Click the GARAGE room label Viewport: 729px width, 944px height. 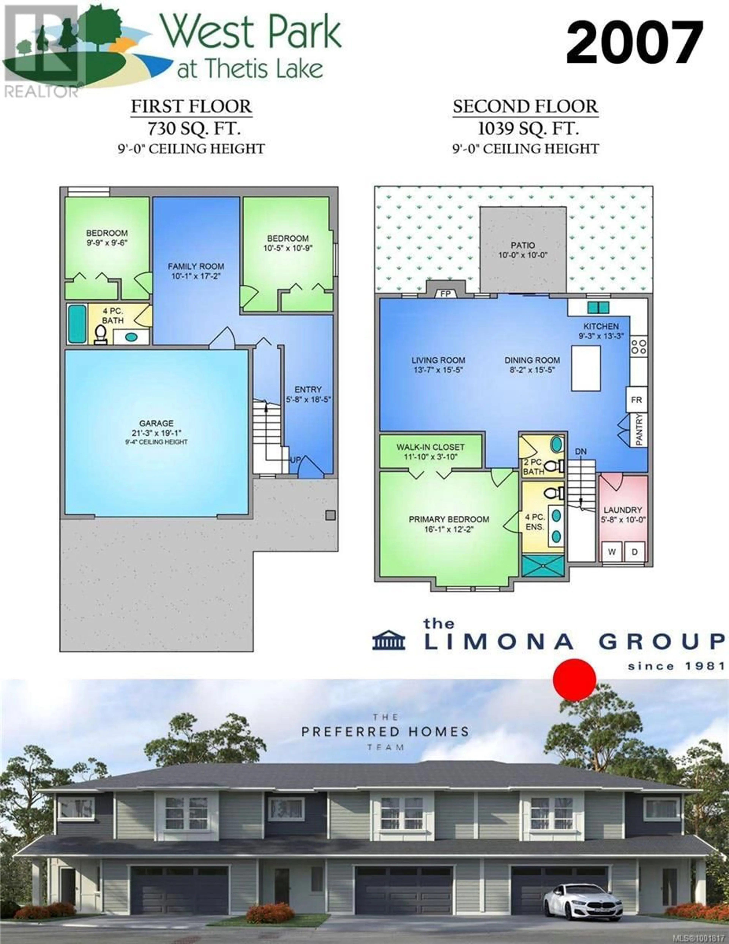(156, 423)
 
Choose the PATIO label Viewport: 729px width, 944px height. (523, 245)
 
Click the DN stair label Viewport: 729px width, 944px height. (581, 451)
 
